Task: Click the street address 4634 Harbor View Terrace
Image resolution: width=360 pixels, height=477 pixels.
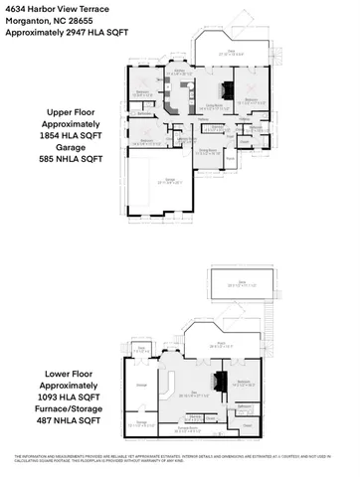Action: point(51,9)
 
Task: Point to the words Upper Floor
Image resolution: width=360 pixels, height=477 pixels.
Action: point(64,112)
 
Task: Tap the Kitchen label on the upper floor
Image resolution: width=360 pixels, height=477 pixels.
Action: point(176,71)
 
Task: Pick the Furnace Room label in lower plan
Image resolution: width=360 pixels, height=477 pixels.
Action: point(182,428)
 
